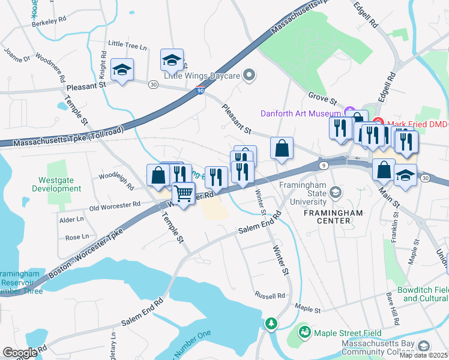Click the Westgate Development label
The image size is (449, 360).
point(60,184)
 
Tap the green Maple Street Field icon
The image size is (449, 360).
point(305,332)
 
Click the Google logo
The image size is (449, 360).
point(20,353)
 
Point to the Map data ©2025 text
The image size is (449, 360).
point(423,355)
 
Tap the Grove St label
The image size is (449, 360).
point(321,96)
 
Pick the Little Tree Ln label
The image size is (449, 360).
point(127,45)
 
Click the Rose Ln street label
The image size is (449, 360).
point(77,237)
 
